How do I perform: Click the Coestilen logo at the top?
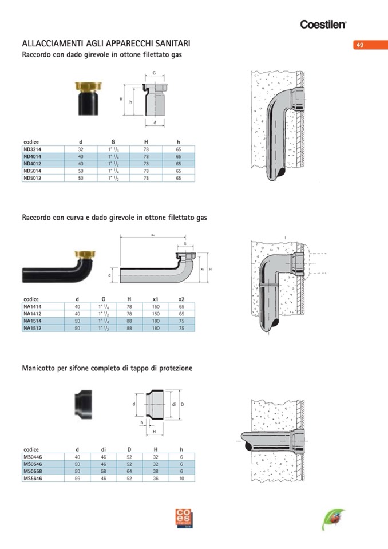click(323, 24)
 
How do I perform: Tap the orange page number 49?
click(360, 45)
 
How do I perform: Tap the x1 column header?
click(155, 299)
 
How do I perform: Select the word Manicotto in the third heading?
click(39, 368)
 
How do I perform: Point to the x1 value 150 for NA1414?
click(155, 306)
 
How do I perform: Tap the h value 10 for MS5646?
click(181, 479)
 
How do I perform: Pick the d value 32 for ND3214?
click(81, 149)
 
